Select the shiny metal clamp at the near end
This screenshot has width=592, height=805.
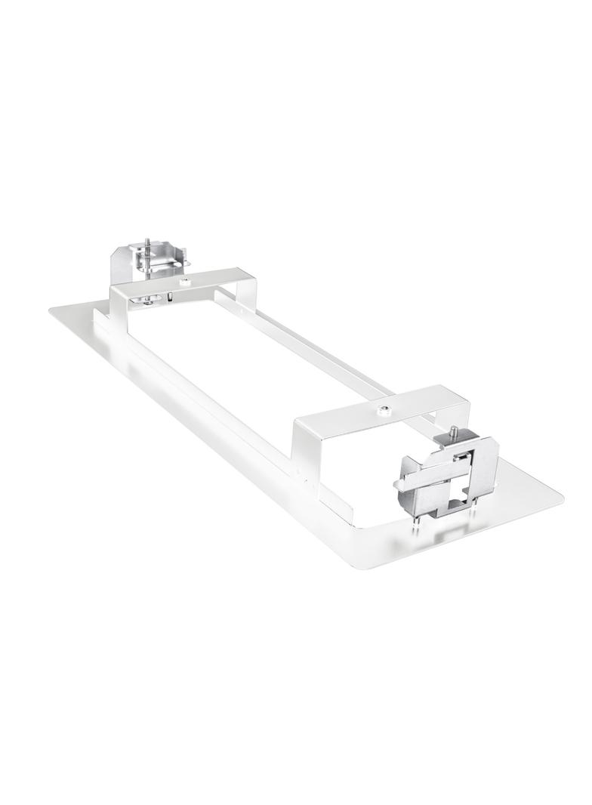pyautogui.click(x=450, y=475)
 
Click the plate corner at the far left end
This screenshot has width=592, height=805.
pyautogui.click(x=56, y=310)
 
